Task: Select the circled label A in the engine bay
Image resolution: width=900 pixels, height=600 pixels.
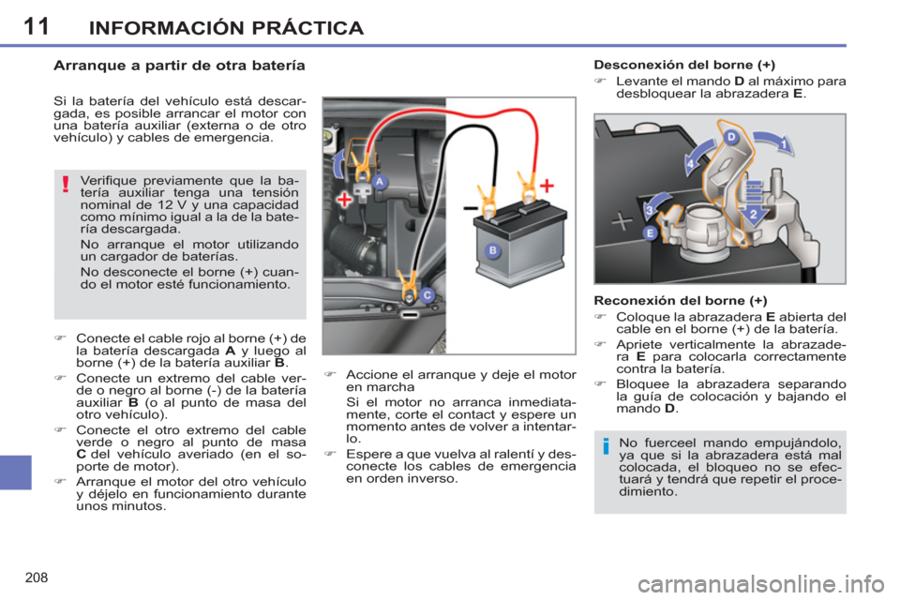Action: tap(380, 180)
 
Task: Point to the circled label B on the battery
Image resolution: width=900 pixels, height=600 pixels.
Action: tap(493, 251)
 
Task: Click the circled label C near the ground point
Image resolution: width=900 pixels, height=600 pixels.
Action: tap(427, 295)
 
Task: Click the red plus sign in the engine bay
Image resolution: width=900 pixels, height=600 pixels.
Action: tap(347, 201)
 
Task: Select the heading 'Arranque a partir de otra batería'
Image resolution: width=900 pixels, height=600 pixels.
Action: tap(177, 67)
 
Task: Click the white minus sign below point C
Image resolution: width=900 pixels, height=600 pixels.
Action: tap(410, 316)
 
